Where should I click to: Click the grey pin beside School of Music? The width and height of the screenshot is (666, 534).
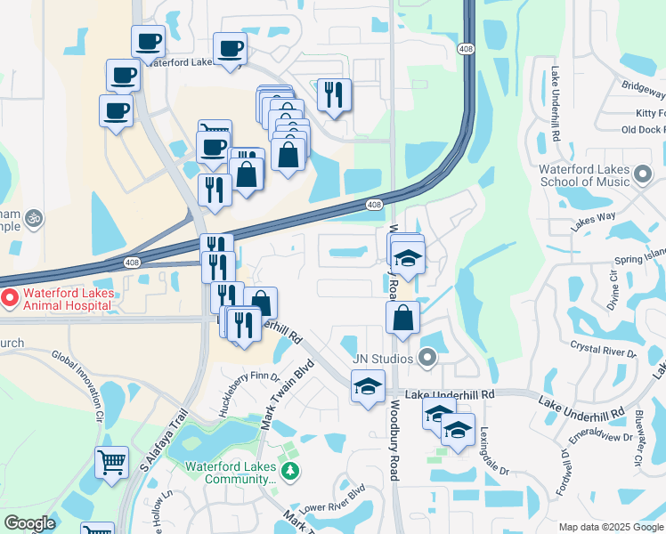(643, 171)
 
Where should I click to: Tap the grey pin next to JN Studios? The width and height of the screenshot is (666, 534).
(427, 359)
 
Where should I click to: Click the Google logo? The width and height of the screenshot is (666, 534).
(29, 523)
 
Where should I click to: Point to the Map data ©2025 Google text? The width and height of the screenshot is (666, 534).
(611, 527)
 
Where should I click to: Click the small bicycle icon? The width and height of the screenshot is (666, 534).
(34, 217)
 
